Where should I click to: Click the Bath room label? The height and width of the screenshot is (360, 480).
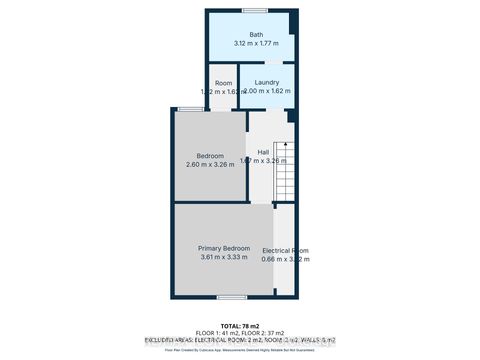(242, 35)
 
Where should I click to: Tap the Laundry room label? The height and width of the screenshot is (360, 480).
(266, 82)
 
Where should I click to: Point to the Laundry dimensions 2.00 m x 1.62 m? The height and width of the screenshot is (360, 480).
(267, 91)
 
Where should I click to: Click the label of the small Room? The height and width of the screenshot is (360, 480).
(223, 82)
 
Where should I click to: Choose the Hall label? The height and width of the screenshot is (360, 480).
(263, 152)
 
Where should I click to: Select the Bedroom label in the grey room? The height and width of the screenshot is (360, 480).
(210, 156)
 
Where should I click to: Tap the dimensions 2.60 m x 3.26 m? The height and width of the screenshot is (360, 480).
(210, 165)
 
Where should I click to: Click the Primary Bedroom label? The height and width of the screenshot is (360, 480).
(223, 248)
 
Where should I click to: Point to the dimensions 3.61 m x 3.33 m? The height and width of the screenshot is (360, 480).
(223, 258)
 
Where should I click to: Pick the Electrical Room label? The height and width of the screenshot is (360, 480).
(285, 250)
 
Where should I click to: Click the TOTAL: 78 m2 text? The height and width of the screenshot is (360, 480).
(239, 324)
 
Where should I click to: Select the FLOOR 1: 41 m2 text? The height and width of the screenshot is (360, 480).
(214, 332)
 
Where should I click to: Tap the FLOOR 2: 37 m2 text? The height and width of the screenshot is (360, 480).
(266, 332)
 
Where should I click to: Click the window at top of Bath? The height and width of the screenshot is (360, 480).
(254, 10)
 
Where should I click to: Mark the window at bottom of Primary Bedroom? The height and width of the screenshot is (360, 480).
(231, 297)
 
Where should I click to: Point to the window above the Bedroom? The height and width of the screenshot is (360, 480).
(189, 108)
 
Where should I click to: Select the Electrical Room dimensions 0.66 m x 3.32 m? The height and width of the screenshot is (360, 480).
(285, 260)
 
